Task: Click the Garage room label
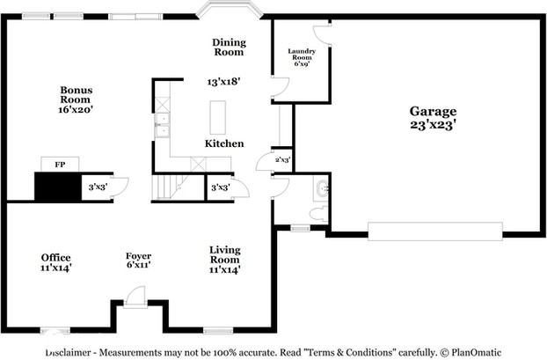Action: pos(433,112)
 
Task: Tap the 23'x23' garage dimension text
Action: pos(433,125)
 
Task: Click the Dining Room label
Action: pos(229,47)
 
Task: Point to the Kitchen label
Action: pos(224,143)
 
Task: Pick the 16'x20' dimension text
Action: pos(77,110)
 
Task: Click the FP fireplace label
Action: pos(60,165)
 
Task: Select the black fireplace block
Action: pos(58,187)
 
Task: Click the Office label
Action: pos(55,258)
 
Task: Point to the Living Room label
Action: pos(224,254)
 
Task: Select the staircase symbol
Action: pos(166,187)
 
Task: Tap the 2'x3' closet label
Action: pos(282,160)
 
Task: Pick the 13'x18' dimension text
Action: pos(223,81)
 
